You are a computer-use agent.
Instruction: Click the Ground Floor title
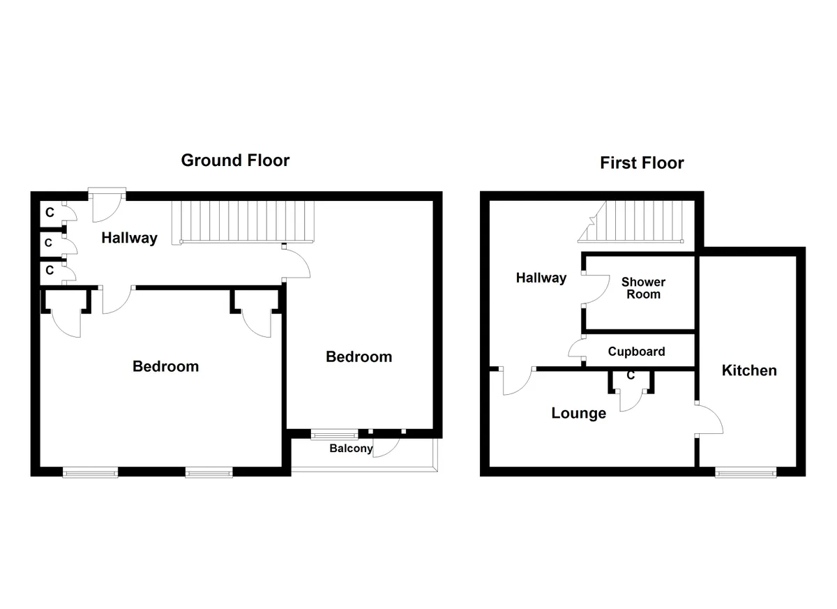(x=235, y=160)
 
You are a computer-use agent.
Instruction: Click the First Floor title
(x=642, y=163)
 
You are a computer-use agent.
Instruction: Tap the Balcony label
(x=351, y=449)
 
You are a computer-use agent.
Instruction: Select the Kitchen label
(x=749, y=370)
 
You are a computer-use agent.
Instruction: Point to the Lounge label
(x=579, y=413)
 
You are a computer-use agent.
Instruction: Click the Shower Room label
(x=643, y=288)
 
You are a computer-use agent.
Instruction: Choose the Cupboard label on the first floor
(x=636, y=352)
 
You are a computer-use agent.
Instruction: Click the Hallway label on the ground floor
(x=129, y=238)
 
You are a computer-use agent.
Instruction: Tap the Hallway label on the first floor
(x=541, y=278)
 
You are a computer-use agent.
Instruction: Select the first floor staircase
(x=631, y=222)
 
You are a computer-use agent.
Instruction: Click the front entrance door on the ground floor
(x=107, y=206)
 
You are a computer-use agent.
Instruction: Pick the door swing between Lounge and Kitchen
(x=710, y=419)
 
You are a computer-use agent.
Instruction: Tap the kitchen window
(x=746, y=473)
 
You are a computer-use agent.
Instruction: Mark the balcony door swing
(x=386, y=447)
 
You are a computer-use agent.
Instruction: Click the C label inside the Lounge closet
(x=631, y=375)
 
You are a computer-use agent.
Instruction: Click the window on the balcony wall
(x=334, y=435)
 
